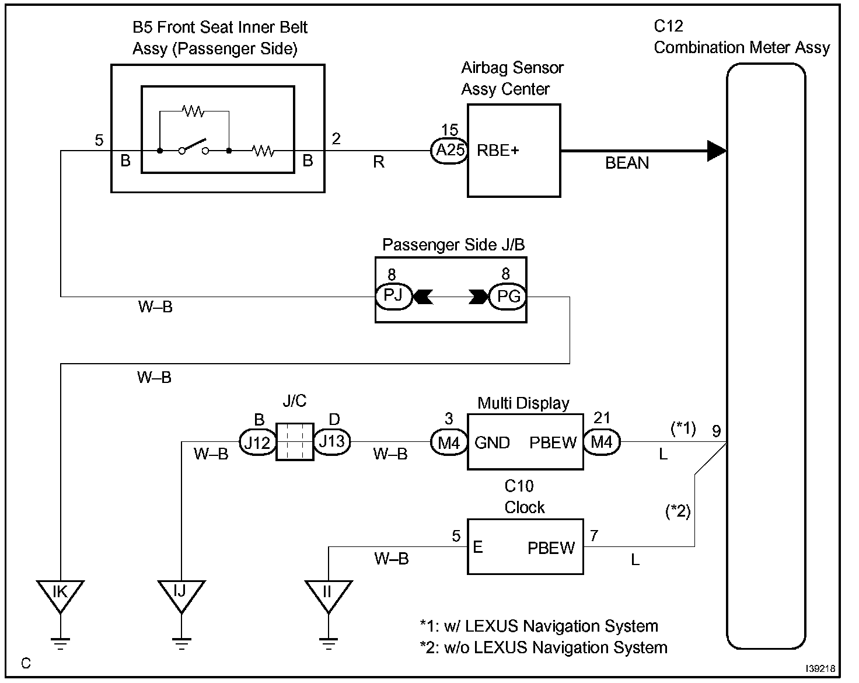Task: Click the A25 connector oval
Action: click(450, 151)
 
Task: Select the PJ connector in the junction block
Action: click(393, 296)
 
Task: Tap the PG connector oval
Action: click(508, 296)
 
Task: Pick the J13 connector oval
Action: click(332, 441)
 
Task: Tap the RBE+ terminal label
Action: click(498, 151)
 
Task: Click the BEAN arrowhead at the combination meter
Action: click(717, 151)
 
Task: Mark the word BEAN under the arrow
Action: click(627, 163)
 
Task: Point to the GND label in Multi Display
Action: click(492, 442)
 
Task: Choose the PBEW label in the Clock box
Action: click(551, 548)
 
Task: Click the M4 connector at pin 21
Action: click(602, 442)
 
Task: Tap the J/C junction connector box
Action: click(294, 442)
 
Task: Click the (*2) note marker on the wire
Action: click(678, 512)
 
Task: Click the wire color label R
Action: click(379, 162)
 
